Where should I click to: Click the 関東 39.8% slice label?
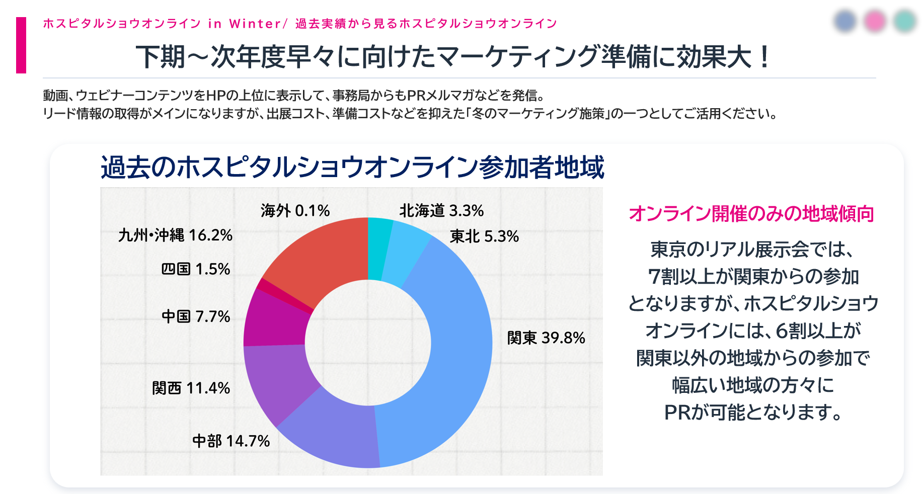click(x=546, y=338)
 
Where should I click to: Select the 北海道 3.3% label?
click(x=441, y=210)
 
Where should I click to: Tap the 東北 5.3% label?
click(x=484, y=236)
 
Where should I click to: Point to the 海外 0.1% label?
click(x=295, y=210)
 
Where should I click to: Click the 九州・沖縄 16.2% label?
click(x=175, y=235)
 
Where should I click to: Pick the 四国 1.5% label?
click(x=196, y=269)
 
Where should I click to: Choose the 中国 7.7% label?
click(x=196, y=316)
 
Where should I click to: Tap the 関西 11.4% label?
click(x=191, y=388)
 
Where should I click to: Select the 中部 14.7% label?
click(x=231, y=441)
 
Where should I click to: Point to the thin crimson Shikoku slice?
click(x=284, y=296)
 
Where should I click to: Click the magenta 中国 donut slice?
click(x=274, y=319)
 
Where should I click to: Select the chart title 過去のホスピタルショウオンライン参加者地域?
click(x=352, y=168)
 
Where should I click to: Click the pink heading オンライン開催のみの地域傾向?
click(x=751, y=214)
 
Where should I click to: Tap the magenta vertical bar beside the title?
click(x=21, y=45)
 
